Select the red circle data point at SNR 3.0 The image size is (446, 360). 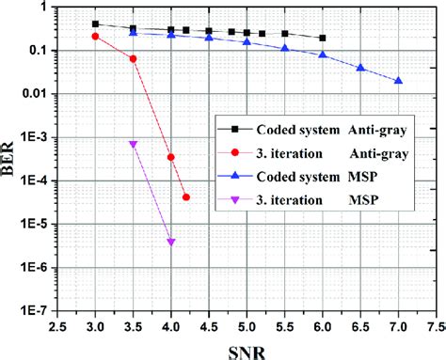click(x=96, y=36)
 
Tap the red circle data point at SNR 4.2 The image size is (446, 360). click(x=186, y=197)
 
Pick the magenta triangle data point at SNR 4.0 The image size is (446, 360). click(x=171, y=243)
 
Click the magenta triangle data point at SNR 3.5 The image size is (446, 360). click(x=134, y=144)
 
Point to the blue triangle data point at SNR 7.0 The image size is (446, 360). click(x=398, y=81)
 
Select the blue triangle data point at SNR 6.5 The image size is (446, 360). click(x=360, y=68)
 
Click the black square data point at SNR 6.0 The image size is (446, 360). click(x=323, y=38)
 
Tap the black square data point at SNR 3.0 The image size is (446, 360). click(x=96, y=23)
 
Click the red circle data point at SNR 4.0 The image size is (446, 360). click(x=171, y=157)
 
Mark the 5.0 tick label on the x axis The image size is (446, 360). click(x=247, y=325)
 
